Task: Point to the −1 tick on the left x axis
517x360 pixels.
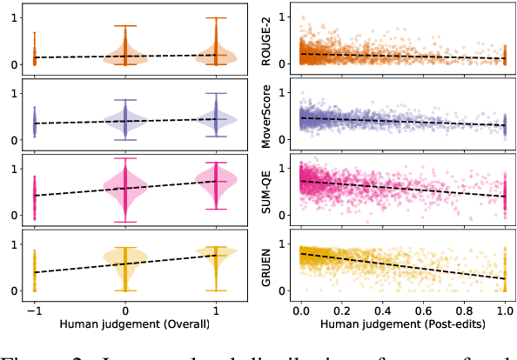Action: (x=34, y=309)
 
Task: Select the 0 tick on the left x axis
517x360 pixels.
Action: (x=124, y=309)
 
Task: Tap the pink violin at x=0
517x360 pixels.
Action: (x=124, y=186)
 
